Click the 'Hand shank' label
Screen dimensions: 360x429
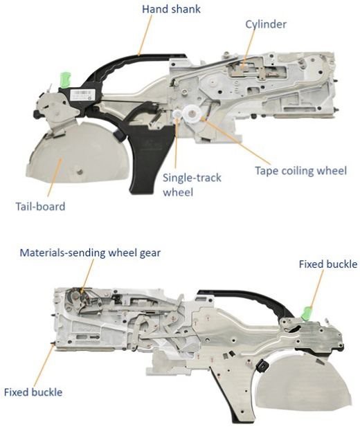[171, 9]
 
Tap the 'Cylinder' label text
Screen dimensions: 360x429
[266, 24]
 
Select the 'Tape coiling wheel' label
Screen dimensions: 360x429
[300, 170]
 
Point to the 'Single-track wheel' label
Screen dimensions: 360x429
[192, 185]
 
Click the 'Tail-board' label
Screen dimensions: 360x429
[40, 206]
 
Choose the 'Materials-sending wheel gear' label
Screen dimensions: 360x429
[90, 253]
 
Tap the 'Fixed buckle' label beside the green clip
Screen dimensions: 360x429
[327, 264]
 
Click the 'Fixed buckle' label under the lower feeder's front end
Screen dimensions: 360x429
[33, 392]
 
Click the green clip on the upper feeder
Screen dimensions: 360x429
[65, 80]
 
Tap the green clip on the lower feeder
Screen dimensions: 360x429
[307, 313]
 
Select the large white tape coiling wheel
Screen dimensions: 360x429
[192, 113]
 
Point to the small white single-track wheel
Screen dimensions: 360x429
[177, 114]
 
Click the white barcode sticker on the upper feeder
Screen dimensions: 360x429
[82, 94]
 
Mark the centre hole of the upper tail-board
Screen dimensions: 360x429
[80, 172]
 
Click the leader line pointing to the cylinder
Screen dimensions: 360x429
[249, 47]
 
